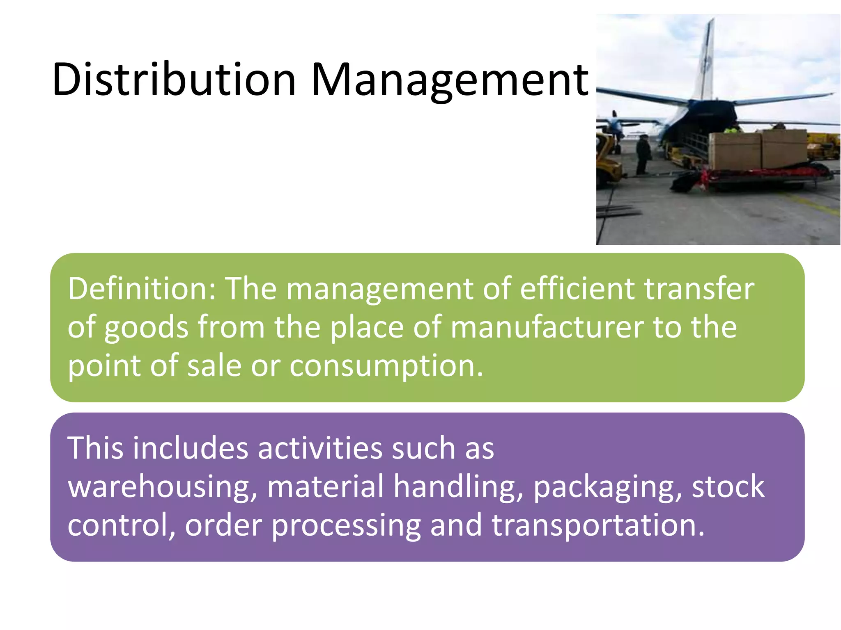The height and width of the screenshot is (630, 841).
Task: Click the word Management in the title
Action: click(x=450, y=80)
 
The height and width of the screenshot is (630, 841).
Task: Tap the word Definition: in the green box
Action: click(x=142, y=289)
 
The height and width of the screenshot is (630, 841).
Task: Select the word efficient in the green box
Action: click(x=577, y=289)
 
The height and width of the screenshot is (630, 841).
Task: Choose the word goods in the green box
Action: click(x=146, y=328)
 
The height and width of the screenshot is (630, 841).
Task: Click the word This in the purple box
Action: click(x=95, y=447)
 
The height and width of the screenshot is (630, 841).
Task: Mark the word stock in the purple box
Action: click(x=728, y=486)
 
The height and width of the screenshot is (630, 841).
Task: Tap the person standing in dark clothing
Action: click(x=643, y=154)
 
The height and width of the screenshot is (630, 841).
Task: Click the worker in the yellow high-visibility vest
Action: click(x=731, y=130)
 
